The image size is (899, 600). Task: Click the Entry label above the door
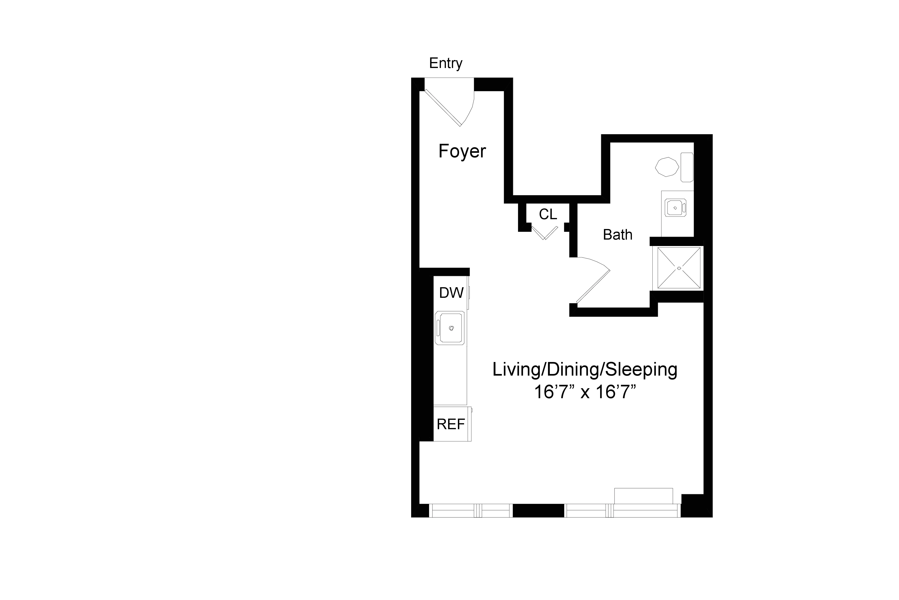[x=446, y=63]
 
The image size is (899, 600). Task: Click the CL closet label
[x=548, y=214]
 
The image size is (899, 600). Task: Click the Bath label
[x=617, y=235]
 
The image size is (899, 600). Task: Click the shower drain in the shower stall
[x=679, y=268]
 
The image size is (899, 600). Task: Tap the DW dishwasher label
[x=451, y=293]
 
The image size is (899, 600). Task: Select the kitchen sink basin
[x=451, y=328]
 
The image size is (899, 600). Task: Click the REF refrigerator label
[x=451, y=424]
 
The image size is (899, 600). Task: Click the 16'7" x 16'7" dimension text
[x=585, y=392]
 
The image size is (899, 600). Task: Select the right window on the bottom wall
[x=623, y=510]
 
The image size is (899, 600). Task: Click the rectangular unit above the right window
[x=643, y=496]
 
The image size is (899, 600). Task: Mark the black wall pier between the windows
[x=538, y=510]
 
